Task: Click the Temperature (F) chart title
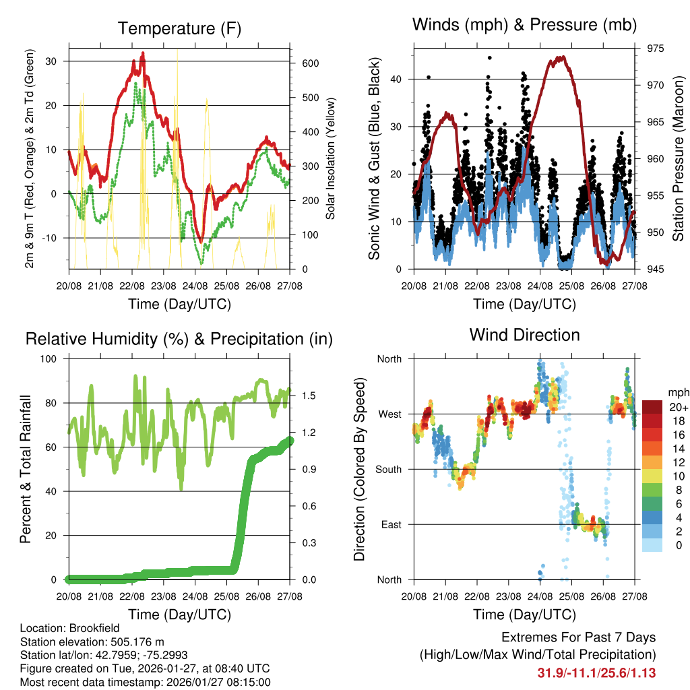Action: (x=179, y=29)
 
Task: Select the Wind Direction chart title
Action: (x=524, y=335)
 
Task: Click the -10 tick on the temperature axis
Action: (x=53, y=238)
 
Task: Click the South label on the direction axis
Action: (x=387, y=469)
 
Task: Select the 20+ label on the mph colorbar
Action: (x=677, y=407)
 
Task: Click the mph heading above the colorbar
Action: (x=677, y=392)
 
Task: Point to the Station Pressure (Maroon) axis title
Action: (x=678, y=159)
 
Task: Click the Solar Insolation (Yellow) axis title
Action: (x=331, y=159)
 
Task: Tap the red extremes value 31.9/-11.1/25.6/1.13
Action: (x=596, y=672)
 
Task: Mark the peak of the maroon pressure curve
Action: (x=559, y=57)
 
